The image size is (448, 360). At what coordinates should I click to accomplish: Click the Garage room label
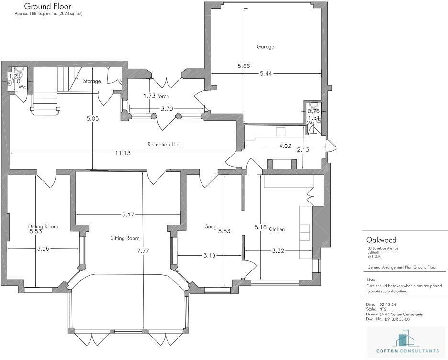[x=265, y=47]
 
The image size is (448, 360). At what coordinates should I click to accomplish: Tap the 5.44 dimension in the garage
[x=266, y=73]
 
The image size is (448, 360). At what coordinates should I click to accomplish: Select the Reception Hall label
[x=164, y=144]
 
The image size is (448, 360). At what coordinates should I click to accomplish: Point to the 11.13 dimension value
[x=123, y=153]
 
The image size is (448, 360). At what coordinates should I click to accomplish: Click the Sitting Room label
[x=125, y=238]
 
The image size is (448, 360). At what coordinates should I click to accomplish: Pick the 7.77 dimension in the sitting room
[x=143, y=251]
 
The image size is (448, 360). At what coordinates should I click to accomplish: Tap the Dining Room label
[x=43, y=226]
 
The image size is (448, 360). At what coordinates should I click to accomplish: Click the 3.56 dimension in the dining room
[x=43, y=249]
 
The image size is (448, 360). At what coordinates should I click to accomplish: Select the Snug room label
[x=211, y=226]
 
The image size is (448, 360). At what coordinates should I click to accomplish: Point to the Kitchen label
[x=276, y=229]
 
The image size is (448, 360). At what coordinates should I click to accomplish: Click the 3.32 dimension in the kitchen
[x=278, y=251]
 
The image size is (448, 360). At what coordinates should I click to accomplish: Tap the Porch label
[x=162, y=96]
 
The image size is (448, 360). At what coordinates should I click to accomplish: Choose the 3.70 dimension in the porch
[x=167, y=109]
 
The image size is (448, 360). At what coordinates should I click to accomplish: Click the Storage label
[x=92, y=81]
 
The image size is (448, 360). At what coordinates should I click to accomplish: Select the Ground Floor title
[x=48, y=6]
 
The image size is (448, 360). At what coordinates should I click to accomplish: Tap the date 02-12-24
[x=388, y=304]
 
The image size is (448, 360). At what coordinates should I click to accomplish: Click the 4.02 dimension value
[x=285, y=146]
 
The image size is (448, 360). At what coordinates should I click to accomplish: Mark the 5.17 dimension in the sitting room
[x=128, y=214]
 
